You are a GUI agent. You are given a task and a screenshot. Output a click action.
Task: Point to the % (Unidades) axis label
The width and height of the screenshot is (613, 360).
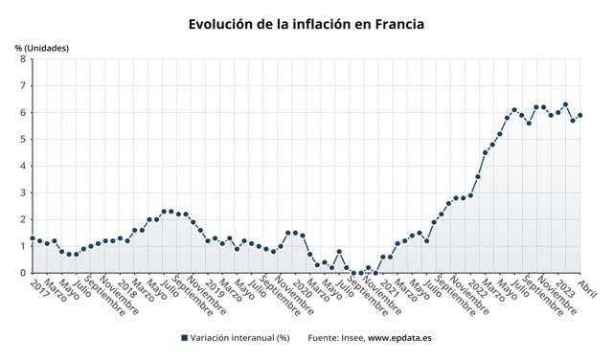click(x=41, y=48)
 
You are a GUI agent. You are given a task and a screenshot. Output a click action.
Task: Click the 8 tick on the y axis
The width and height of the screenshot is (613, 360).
click(x=22, y=59)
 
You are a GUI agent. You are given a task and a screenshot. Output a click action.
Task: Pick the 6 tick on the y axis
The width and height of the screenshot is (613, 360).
click(x=22, y=113)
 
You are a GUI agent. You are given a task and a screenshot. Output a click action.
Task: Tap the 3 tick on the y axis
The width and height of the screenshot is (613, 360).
click(x=22, y=192)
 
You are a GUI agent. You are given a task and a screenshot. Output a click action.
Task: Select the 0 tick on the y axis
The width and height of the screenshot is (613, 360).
click(x=22, y=273)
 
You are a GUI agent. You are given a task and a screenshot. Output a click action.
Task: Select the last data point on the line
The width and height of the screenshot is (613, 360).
click(x=580, y=116)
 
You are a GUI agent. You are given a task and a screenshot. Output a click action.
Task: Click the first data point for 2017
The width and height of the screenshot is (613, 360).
click(x=33, y=238)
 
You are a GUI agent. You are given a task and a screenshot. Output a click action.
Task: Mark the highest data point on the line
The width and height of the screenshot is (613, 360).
click(x=565, y=104)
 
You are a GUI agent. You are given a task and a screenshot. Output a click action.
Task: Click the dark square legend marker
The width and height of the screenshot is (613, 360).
click(x=184, y=338)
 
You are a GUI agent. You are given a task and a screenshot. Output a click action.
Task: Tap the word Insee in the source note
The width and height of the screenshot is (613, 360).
click(x=351, y=338)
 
